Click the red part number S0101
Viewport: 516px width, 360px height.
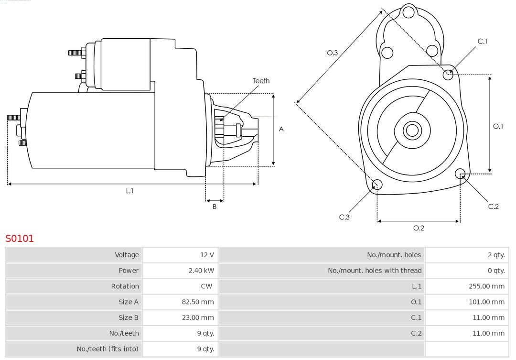point(20,238)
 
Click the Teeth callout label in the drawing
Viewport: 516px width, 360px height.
point(261,81)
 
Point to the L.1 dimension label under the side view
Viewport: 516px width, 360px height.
point(129,191)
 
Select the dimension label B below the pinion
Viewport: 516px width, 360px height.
point(215,207)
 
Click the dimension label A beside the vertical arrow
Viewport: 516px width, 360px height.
point(281,129)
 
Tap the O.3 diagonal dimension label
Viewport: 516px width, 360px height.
point(333,53)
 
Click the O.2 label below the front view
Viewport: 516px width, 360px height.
point(419,228)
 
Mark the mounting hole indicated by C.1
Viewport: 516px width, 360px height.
point(448,74)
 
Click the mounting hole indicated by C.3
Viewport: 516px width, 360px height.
point(377,185)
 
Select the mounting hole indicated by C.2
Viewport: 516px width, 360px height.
point(460,173)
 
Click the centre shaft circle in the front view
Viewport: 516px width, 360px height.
point(411,130)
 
